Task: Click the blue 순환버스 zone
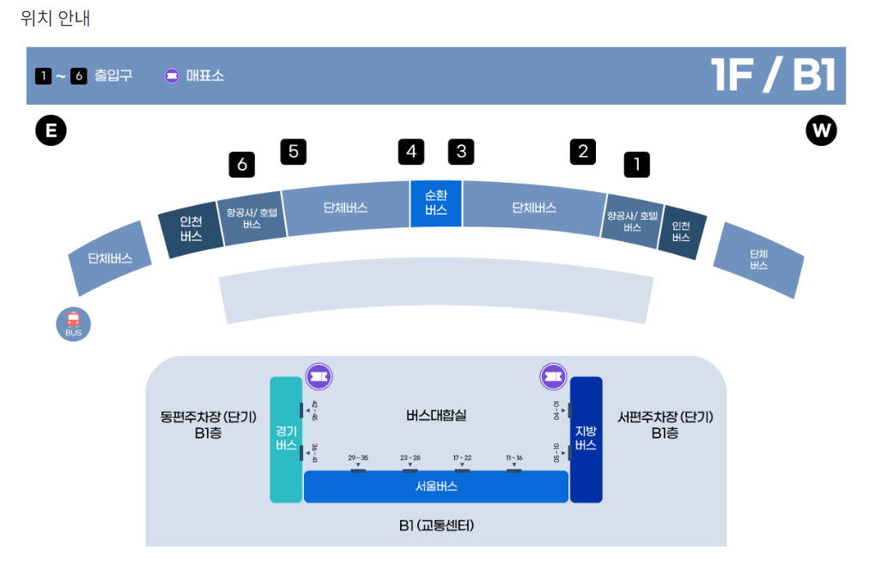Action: click(x=436, y=203)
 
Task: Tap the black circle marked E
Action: click(x=51, y=131)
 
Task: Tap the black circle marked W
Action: click(x=821, y=131)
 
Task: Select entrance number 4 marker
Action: click(x=411, y=152)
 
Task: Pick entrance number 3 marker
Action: click(x=461, y=152)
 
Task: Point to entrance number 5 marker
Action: click(x=294, y=152)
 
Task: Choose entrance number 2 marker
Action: click(x=583, y=152)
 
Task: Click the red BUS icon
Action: click(x=73, y=324)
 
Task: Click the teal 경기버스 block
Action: click(x=286, y=438)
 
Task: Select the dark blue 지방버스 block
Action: click(x=586, y=438)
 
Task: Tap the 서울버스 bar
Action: click(x=436, y=486)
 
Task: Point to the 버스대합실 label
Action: click(x=436, y=415)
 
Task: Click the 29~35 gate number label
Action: click(x=358, y=458)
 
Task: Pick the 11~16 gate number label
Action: click(x=514, y=458)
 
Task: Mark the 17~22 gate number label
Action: click(x=462, y=458)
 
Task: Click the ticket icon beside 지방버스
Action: click(x=553, y=376)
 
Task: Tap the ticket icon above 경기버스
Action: click(x=319, y=376)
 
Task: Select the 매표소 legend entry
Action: click(x=194, y=76)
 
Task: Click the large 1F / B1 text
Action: click(x=773, y=76)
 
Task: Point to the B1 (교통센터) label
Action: click(x=436, y=525)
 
